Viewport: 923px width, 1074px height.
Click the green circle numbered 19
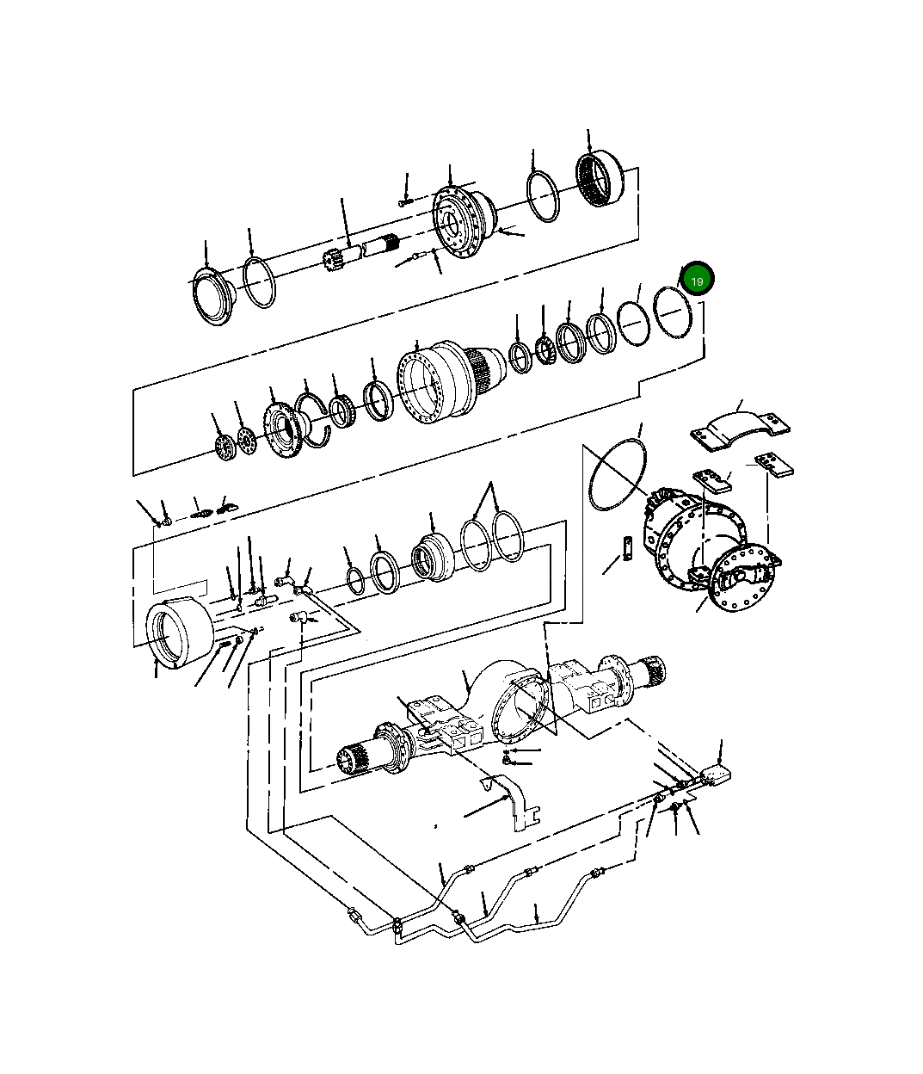point(697,281)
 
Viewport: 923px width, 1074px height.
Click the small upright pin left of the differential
point(629,548)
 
